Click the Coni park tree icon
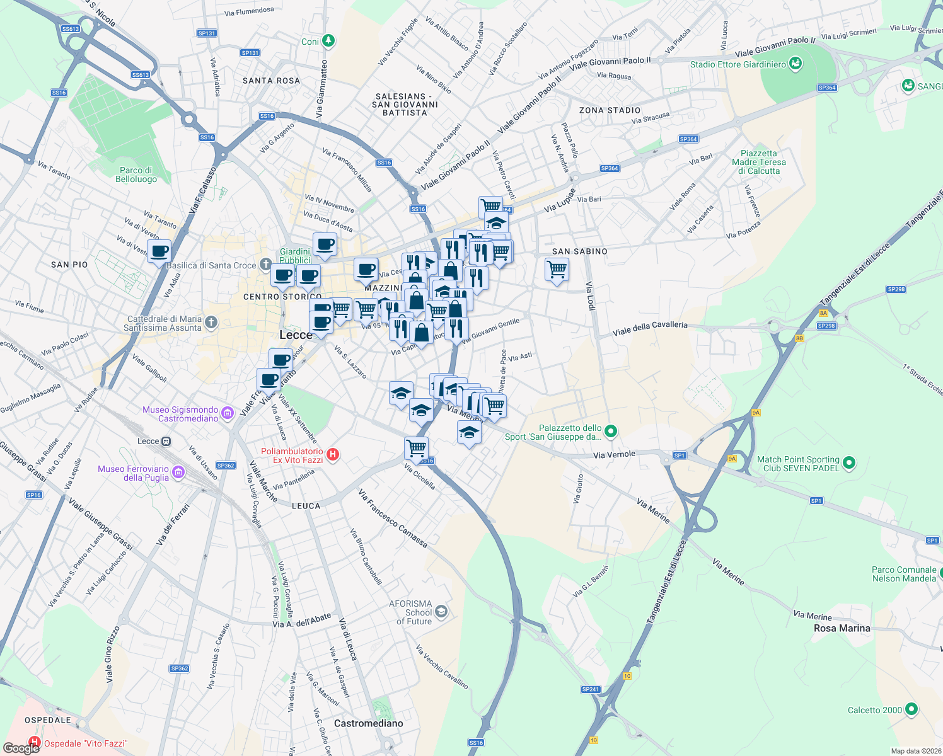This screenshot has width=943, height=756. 328,42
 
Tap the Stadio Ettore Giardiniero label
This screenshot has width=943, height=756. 738,64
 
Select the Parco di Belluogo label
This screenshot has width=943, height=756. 136,175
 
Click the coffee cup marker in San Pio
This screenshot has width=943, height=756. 159,251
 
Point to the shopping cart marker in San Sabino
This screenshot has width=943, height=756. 557,269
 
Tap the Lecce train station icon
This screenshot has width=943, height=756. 166,441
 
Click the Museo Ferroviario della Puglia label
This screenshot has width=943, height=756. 133,473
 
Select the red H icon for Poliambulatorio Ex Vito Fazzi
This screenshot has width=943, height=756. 333,454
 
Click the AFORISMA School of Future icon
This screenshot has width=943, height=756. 441,611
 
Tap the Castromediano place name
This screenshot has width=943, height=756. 368,723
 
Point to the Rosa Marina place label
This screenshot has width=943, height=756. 842,628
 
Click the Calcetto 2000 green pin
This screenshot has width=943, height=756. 911,709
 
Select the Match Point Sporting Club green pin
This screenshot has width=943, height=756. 849,463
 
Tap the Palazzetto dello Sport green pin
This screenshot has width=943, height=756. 610,432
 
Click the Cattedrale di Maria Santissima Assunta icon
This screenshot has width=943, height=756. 211,323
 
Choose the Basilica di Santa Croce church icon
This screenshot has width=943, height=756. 266,264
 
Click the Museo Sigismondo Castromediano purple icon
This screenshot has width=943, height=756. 228,413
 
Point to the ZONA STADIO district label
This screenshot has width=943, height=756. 609,110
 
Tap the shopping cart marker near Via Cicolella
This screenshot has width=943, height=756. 416,448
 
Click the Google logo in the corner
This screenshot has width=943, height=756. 21,748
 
